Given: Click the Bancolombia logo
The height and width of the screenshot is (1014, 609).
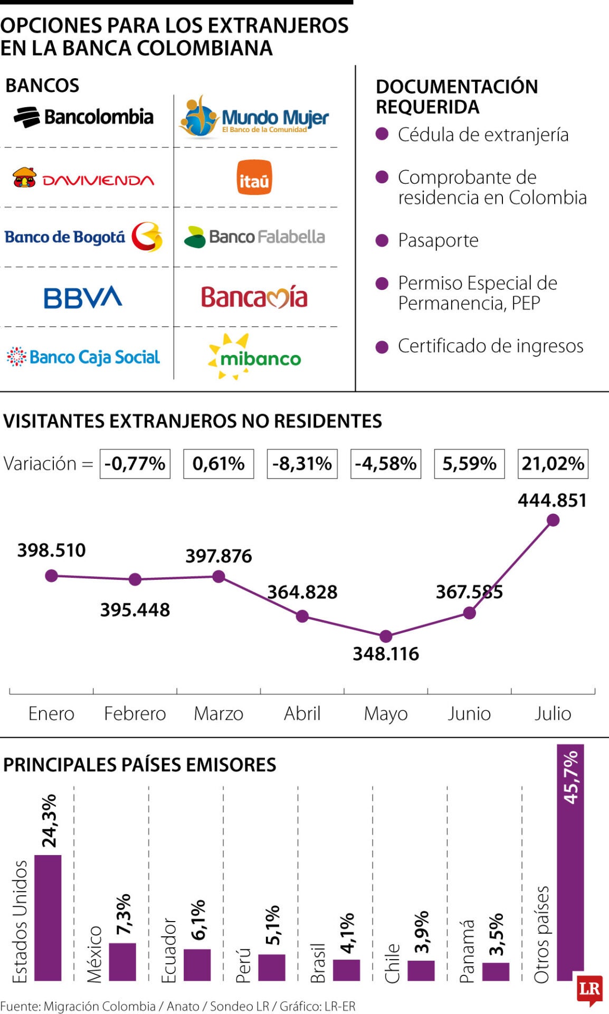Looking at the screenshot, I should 83,117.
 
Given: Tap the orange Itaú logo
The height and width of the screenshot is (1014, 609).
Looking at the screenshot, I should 254,177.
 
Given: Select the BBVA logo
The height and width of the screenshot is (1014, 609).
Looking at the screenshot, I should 83,297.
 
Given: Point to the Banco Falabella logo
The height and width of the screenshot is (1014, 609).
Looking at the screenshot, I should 254,237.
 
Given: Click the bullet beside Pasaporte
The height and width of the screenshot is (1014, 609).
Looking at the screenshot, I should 382,241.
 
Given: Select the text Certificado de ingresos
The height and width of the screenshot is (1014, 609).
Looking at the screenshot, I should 490,346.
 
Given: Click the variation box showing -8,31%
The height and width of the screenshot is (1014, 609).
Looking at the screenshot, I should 302,464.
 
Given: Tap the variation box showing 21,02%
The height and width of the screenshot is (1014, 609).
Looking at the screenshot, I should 553,464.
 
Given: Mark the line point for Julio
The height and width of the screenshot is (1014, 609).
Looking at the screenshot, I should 553,520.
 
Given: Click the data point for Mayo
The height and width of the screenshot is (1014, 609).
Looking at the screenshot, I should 386,636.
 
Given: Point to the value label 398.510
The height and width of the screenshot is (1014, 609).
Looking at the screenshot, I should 51,550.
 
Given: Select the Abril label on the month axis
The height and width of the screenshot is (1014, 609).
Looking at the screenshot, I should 302,713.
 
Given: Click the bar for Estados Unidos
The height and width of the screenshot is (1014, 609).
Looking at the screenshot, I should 47,917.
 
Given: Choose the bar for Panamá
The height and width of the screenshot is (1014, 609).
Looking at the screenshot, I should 496,971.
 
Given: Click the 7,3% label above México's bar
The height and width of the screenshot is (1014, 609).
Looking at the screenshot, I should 123,914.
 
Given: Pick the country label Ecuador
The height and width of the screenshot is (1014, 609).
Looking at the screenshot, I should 169,950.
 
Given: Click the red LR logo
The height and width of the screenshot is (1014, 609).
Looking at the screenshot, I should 589,988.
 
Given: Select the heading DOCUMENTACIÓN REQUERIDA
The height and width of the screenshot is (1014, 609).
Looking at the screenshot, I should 456,97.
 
